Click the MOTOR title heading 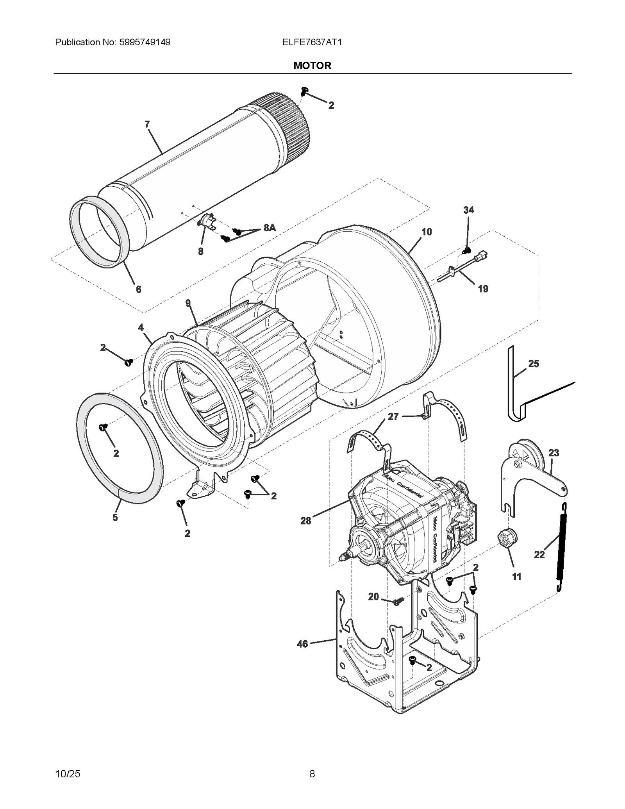[x=312, y=65]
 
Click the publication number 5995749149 [x=143, y=42]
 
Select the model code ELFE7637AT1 [x=312, y=42]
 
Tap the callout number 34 [x=468, y=210]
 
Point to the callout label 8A [x=270, y=228]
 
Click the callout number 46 [x=302, y=644]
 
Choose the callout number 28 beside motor [x=305, y=521]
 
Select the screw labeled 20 [x=397, y=602]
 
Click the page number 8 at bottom [x=312, y=773]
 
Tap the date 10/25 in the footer [x=68, y=773]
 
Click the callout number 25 [x=534, y=364]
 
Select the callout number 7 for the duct [x=147, y=124]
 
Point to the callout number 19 [x=483, y=289]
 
